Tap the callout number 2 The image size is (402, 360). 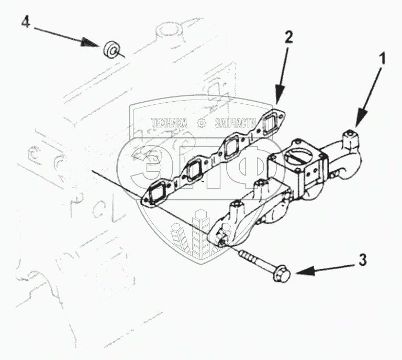[x=288, y=37]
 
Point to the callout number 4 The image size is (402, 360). [x=25, y=23]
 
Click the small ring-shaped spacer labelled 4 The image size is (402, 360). [x=110, y=50]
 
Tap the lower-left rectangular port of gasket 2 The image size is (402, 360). [x=158, y=195]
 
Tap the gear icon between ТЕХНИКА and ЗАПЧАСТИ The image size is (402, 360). [x=201, y=124]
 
